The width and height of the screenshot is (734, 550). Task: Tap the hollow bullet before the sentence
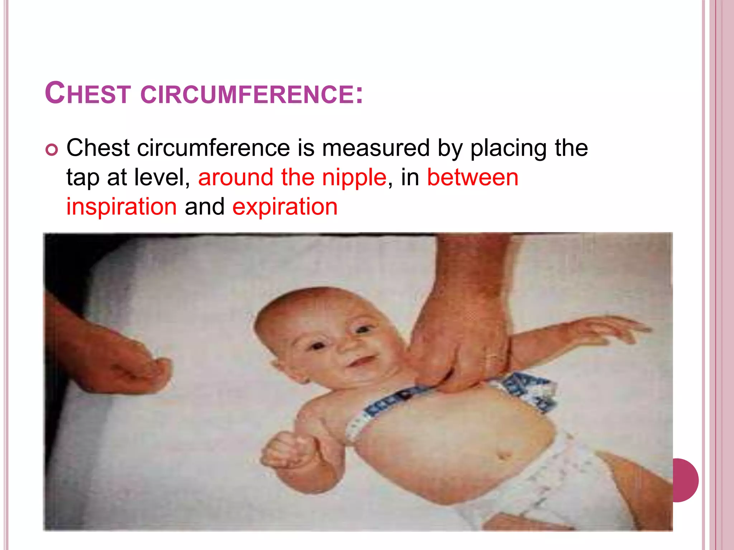(52, 150)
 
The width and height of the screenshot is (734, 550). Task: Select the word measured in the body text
(376, 148)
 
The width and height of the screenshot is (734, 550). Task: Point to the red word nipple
(354, 178)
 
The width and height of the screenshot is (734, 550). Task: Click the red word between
(472, 178)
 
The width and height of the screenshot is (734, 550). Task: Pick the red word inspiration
(121, 207)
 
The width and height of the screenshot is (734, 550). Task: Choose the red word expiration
(285, 207)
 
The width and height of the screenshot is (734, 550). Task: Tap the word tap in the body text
(82, 178)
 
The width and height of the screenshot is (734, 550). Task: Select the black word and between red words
(204, 207)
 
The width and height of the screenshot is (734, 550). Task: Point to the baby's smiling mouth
(362, 362)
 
